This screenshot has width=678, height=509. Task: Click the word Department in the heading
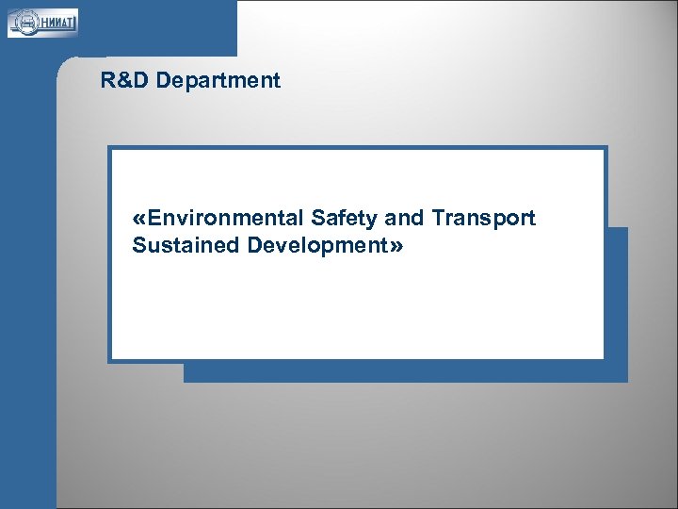(218, 81)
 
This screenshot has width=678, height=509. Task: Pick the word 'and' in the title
(405, 219)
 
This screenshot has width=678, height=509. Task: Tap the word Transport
(484, 219)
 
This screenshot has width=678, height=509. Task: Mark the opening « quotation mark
(139, 220)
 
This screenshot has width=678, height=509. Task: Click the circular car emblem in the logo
(25, 22)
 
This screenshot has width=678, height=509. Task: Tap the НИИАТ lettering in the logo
(59, 22)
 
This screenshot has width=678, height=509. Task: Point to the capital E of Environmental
(154, 219)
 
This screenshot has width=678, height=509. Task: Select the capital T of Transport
(438, 219)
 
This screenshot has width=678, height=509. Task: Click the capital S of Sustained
(139, 246)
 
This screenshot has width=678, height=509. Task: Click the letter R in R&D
(107, 81)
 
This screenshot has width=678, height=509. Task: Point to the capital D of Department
(164, 81)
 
